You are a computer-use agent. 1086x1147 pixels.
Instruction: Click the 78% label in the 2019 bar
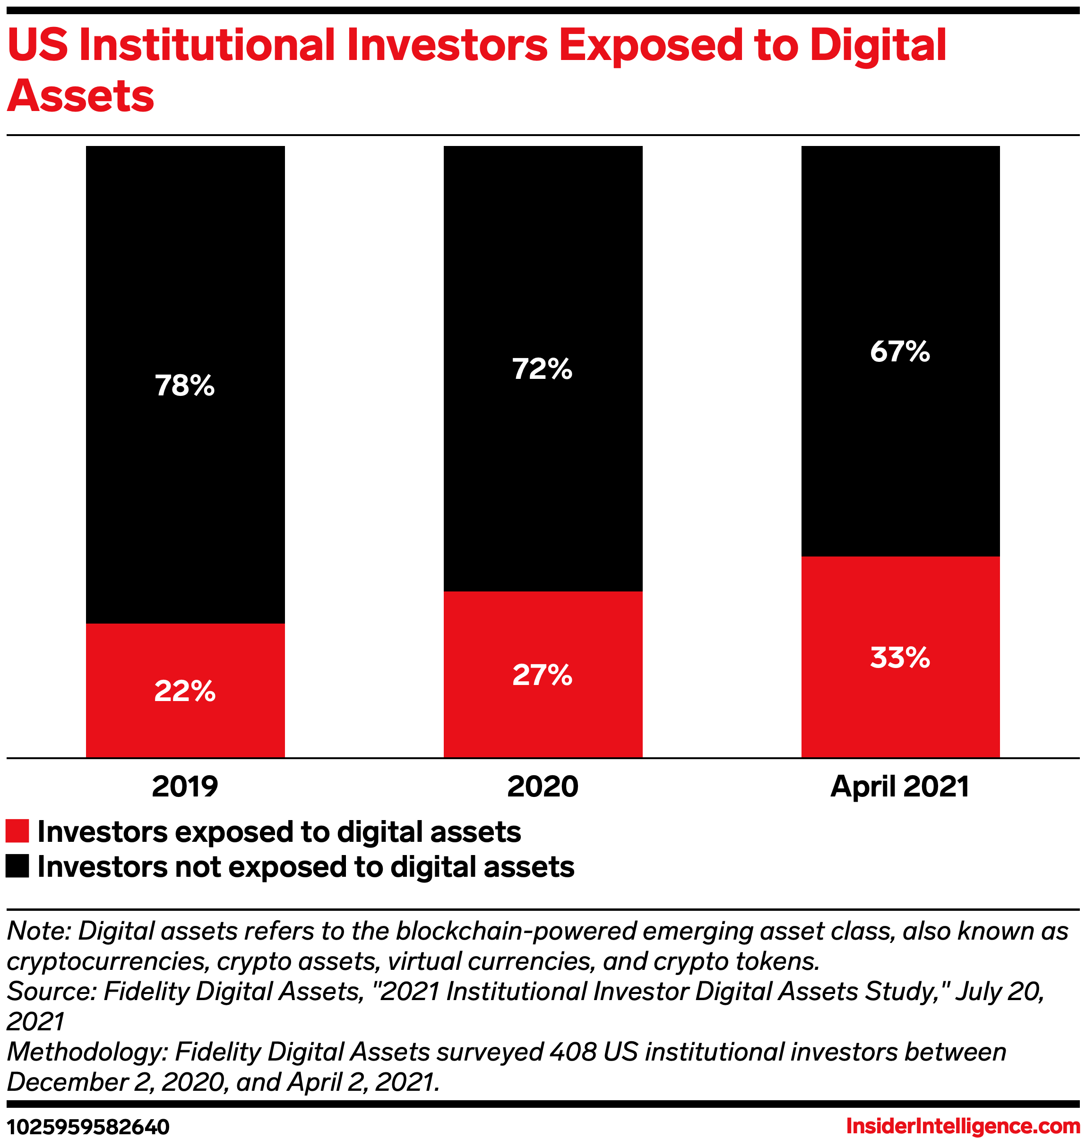185,385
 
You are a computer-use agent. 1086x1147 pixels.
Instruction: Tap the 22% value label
185,691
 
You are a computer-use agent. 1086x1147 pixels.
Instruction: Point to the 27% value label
543,675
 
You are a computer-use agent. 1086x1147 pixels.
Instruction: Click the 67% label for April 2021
900,351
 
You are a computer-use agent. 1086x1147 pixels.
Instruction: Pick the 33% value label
900,658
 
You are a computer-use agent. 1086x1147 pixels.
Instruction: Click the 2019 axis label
185,787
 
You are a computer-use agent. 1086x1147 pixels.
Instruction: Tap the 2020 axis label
543,787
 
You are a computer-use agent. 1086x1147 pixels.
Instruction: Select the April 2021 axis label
900,787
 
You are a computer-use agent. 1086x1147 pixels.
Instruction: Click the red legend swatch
17,831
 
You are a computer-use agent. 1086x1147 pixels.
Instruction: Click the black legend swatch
17,866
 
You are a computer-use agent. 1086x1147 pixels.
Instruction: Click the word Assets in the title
80,95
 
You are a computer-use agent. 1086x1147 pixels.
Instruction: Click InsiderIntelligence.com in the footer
963,1126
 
